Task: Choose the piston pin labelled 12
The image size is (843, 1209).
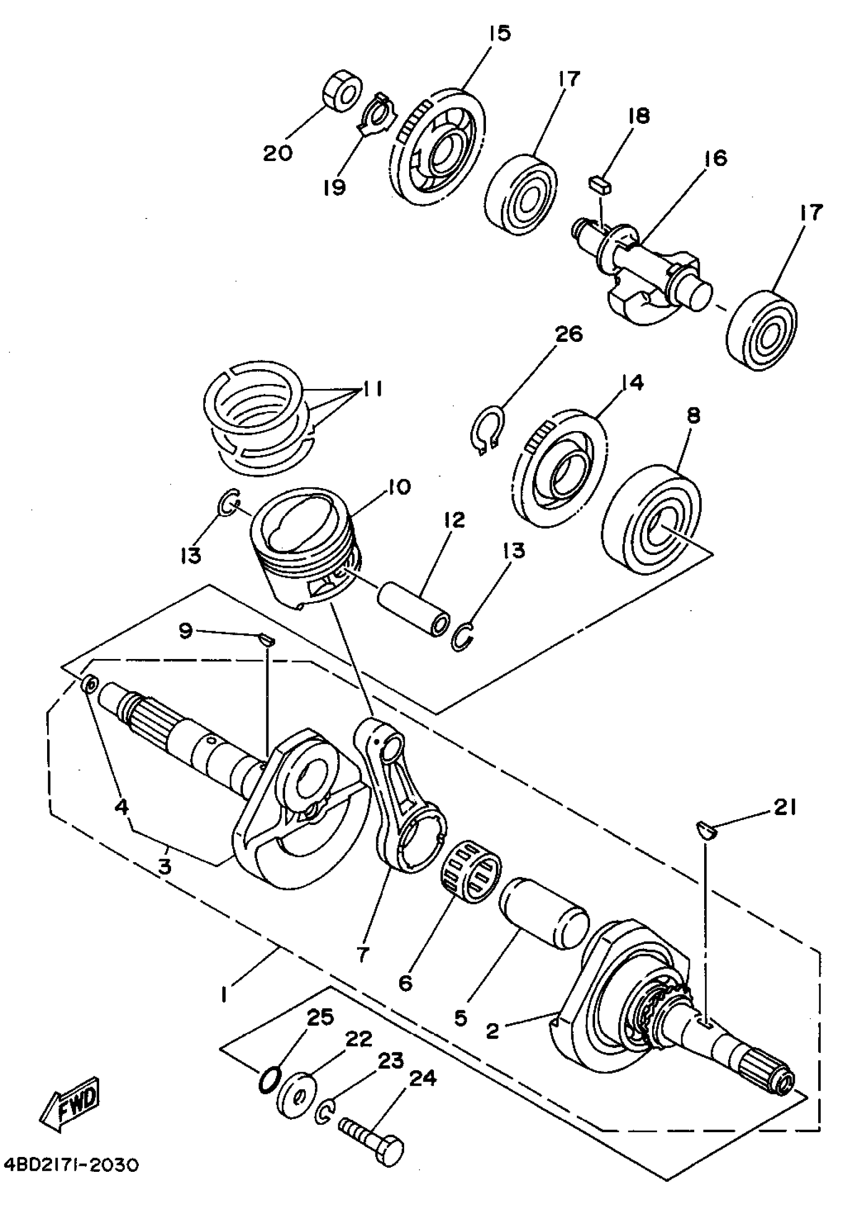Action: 414,607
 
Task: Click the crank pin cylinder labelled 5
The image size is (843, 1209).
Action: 543,912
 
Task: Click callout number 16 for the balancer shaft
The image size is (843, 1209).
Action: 716,158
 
